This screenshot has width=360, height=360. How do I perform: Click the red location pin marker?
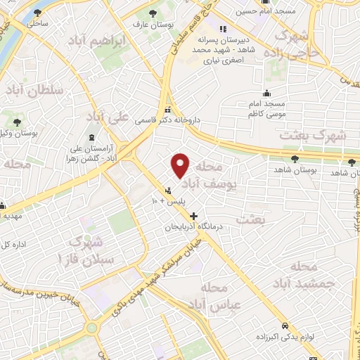(x=181, y=165)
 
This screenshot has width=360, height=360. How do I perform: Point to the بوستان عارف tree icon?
(x=155, y=14)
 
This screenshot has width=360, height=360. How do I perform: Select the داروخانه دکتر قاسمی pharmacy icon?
(x=167, y=110)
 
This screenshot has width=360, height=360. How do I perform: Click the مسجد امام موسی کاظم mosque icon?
(x=266, y=93)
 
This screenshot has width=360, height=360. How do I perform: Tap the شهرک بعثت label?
(x=309, y=134)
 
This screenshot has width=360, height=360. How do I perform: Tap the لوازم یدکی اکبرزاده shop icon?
(x=284, y=327)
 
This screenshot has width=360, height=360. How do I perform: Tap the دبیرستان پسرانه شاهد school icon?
(x=223, y=30)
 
